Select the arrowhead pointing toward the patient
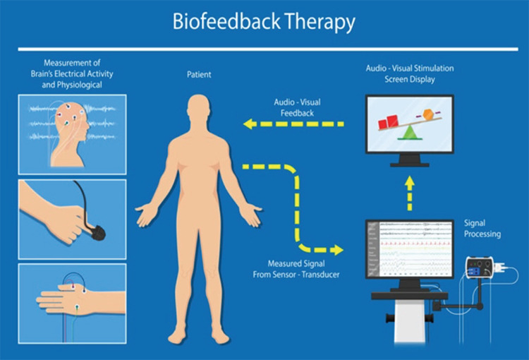[249, 124]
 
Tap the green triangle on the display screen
[409, 133]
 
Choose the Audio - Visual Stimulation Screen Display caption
[409, 73]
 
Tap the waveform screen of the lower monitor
[408, 250]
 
